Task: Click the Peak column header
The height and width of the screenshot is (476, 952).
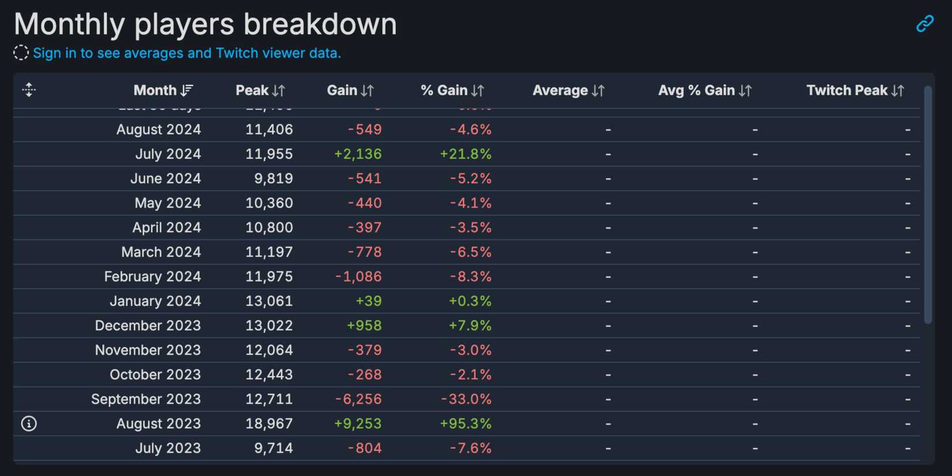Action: (x=260, y=91)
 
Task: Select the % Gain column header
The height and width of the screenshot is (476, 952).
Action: (x=452, y=91)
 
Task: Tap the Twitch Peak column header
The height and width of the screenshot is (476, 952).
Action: (x=854, y=91)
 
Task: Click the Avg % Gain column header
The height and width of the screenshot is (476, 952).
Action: (x=704, y=91)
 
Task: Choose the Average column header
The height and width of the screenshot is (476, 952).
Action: (x=568, y=91)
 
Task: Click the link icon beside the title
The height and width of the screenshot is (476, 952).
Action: (x=925, y=24)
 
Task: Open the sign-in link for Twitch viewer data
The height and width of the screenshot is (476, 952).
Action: (x=186, y=53)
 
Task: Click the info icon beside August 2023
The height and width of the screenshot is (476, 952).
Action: (x=29, y=423)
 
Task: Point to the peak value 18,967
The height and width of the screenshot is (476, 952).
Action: (x=269, y=423)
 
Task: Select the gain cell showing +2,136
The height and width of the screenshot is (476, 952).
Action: (x=358, y=154)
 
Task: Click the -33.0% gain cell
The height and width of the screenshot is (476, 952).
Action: (x=466, y=399)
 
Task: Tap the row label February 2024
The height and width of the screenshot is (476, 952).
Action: (x=152, y=277)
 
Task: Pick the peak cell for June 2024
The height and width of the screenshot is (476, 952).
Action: (x=273, y=179)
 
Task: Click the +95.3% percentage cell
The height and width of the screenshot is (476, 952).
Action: (x=466, y=423)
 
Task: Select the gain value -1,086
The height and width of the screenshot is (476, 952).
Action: (x=358, y=277)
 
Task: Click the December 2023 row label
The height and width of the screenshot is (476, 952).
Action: (x=148, y=325)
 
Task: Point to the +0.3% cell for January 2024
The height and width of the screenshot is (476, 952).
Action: (x=470, y=301)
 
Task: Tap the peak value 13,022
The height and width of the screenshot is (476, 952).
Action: (x=269, y=325)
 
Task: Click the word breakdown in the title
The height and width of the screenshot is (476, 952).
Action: (x=320, y=24)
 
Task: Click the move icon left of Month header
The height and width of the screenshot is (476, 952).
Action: (x=29, y=90)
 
